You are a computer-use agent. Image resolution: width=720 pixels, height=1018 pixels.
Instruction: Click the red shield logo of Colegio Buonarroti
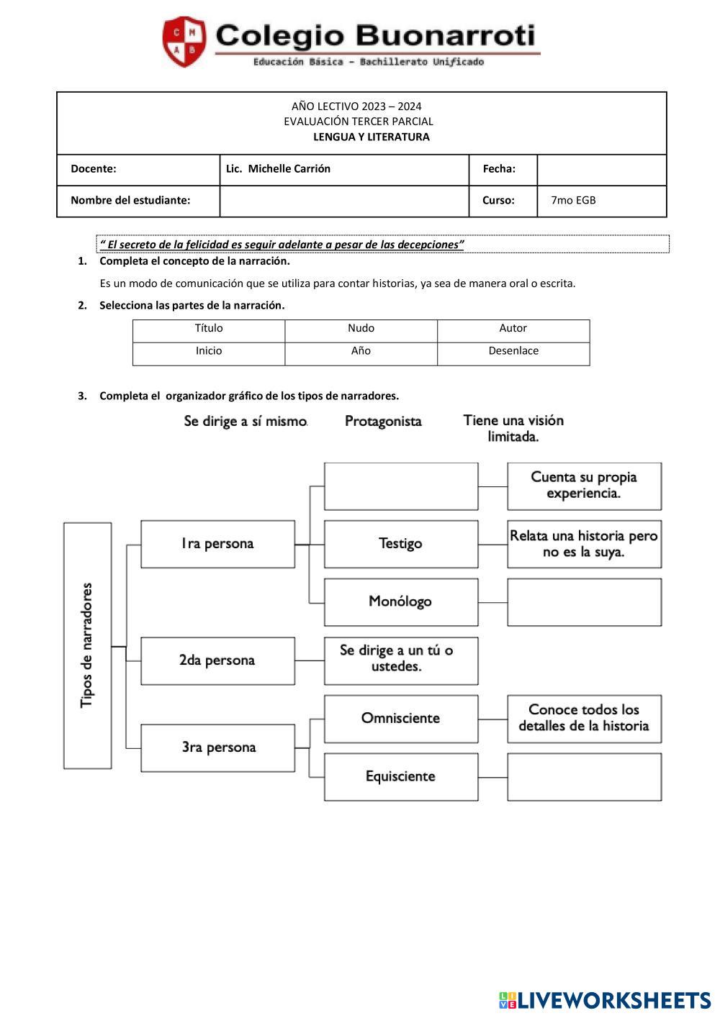[184, 42]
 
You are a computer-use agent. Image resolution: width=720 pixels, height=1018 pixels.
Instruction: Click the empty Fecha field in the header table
[601, 169]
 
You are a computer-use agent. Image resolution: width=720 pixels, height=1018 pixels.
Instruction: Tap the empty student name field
[343, 201]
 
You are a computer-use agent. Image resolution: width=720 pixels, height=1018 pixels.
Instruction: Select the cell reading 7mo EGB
[601, 201]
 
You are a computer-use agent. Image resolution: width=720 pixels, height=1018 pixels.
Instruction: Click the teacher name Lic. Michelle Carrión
[278, 169]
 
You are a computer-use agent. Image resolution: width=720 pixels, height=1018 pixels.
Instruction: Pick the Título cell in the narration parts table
[209, 329]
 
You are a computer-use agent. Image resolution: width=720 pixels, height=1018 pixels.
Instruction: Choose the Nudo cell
[361, 329]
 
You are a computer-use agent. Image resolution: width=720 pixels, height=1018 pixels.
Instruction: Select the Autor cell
[513, 329]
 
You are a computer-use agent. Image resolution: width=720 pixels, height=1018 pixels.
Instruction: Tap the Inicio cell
[209, 352]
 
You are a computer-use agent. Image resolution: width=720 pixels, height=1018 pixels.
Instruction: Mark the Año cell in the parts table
[361, 352]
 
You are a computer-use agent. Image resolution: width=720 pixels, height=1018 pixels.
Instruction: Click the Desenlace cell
[513, 352]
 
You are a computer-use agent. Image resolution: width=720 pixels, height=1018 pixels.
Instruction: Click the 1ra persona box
[217, 544]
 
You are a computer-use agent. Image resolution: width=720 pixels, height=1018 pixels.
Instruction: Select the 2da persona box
[217, 660]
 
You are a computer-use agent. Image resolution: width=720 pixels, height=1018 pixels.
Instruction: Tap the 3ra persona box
[217, 747]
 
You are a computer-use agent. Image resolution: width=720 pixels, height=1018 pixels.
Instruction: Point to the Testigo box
[400, 544]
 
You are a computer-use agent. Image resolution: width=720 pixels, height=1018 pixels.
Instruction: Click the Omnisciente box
[400, 718]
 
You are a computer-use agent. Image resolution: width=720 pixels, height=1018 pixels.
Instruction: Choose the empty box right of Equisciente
[584, 776]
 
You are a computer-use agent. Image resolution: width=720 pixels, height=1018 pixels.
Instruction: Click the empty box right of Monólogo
[584, 602]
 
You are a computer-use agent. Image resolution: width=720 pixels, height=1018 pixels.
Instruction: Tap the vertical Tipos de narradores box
[88, 645]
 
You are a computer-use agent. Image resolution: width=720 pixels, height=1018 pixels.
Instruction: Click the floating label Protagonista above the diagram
[383, 422]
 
